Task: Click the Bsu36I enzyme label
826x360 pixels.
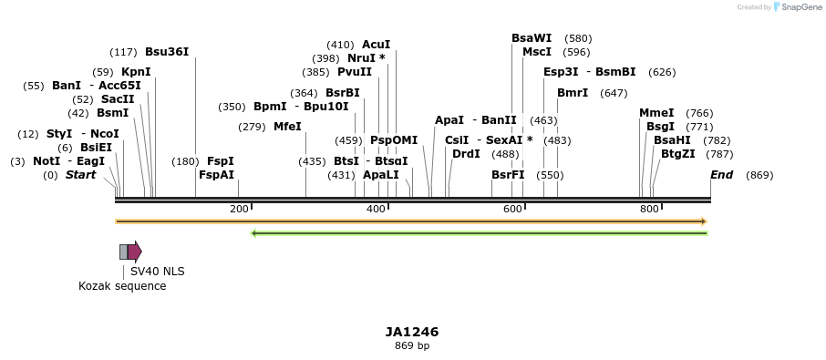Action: point(167,52)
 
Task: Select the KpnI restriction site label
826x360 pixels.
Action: point(136,72)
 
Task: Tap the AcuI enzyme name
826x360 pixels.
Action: point(376,44)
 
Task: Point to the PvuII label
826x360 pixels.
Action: point(355,72)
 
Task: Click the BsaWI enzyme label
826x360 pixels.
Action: point(532,38)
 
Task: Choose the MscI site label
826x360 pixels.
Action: point(537,52)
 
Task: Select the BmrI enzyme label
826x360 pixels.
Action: point(573,93)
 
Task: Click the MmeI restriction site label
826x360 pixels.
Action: point(656,113)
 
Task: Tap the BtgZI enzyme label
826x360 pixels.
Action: point(678,154)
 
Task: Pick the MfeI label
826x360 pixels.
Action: point(287,127)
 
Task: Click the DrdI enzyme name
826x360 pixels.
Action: point(466,154)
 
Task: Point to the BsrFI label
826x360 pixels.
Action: point(508,175)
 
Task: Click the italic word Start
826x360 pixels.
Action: point(80,175)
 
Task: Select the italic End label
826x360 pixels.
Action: point(721,175)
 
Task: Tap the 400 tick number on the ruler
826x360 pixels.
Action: point(376,210)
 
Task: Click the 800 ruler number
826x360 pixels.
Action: point(649,210)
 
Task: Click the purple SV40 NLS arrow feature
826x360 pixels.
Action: point(134,252)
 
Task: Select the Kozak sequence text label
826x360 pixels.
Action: point(122,286)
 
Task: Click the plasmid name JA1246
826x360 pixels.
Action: point(412,332)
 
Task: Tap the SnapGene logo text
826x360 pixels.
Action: point(798,7)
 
